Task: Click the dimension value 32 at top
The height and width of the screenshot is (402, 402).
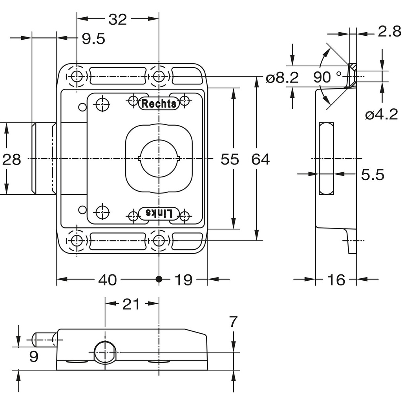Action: (x=118, y=19)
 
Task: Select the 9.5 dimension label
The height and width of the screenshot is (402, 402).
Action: (x=93, y=38)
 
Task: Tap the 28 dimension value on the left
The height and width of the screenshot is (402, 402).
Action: (x=12, y=159)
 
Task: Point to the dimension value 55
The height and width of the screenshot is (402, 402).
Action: (x=230, y=159)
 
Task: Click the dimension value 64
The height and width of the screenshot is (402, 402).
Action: (x=261, y=159)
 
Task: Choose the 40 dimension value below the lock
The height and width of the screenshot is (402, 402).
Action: (x=107, y=280)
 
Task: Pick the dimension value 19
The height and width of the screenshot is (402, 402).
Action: (x=183, y=280)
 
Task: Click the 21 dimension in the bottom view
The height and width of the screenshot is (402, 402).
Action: (x=131, y=304)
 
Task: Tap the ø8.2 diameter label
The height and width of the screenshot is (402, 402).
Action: (x=282, y=78)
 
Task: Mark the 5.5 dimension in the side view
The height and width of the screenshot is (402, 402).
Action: (x=373, y=175)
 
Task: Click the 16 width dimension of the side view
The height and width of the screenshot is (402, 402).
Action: (x=336, y=280)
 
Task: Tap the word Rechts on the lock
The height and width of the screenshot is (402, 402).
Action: (x=159, y=104)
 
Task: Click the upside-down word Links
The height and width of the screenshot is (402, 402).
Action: (x=159, y=213)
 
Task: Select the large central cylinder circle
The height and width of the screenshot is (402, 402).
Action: (x=159, y=159)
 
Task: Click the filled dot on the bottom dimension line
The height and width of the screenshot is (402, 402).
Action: (x=159, y=279)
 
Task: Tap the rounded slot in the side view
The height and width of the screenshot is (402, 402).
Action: (x=326, y=158)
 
